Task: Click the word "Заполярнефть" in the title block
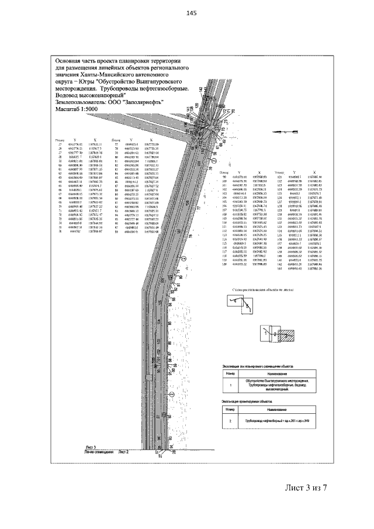pyautogui.click(x=142, y=101)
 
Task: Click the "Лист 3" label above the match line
pyautogui.click(x=91, y=446)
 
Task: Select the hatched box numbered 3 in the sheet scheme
pyautogui.click(x=286, y=337)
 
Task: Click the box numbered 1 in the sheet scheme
pyautogui.click(x=265, y=333)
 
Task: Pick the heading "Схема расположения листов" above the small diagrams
pyautogui.click(x=259, y=289)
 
